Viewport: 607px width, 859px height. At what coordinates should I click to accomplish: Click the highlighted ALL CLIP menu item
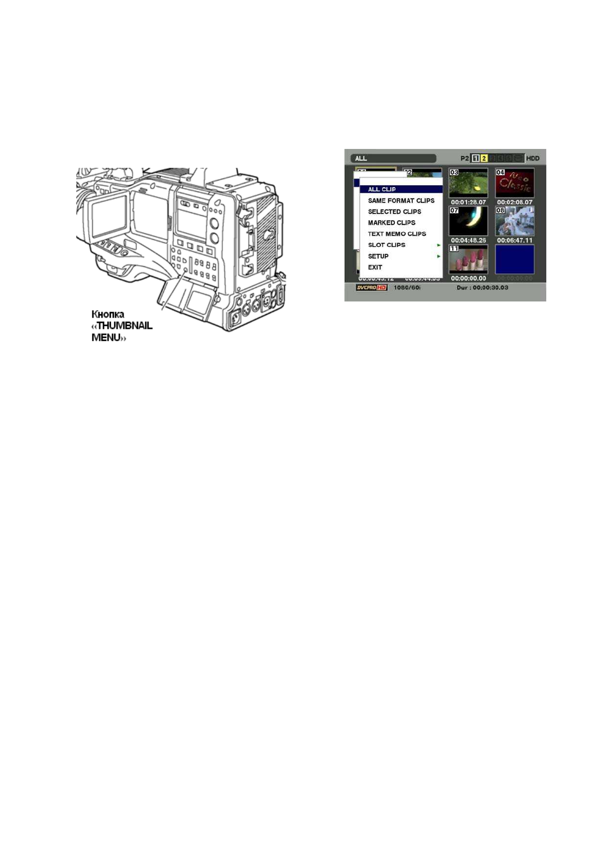pos(382,189)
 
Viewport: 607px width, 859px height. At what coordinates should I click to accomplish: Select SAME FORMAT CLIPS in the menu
pos(401,200)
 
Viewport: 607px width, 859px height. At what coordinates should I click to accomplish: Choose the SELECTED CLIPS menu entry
pos(394,212)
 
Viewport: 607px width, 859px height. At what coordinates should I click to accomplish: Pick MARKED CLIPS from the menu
pos(391,223)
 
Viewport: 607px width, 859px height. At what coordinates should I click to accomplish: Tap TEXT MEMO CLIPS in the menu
pos(397,234)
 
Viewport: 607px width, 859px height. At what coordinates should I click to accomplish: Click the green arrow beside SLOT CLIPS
pos(438,245)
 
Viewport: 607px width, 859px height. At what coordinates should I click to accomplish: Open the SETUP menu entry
pos(378,256)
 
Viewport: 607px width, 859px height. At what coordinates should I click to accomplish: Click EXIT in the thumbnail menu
pos(375,267)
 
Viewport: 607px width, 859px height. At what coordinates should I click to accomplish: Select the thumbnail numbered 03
pos(468,183)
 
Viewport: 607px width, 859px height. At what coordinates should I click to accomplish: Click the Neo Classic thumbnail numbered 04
pos(514,183)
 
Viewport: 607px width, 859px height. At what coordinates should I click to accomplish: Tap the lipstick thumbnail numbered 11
pos(468,259)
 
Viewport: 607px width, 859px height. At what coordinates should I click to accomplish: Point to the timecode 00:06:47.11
pos(514,240)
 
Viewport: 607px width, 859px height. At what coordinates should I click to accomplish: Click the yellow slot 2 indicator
pos(484,159)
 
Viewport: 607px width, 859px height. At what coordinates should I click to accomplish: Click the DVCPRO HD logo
pos(371,288)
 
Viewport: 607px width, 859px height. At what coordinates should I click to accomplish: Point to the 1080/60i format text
pos(407,288)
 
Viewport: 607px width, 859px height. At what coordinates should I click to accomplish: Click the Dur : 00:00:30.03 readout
pos(482,288)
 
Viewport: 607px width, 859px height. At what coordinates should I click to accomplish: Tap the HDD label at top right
pos(533,159)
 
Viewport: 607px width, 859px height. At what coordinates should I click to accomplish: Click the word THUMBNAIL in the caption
pos(124,325)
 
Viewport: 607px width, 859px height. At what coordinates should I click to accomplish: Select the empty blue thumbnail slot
pos(514,259)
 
